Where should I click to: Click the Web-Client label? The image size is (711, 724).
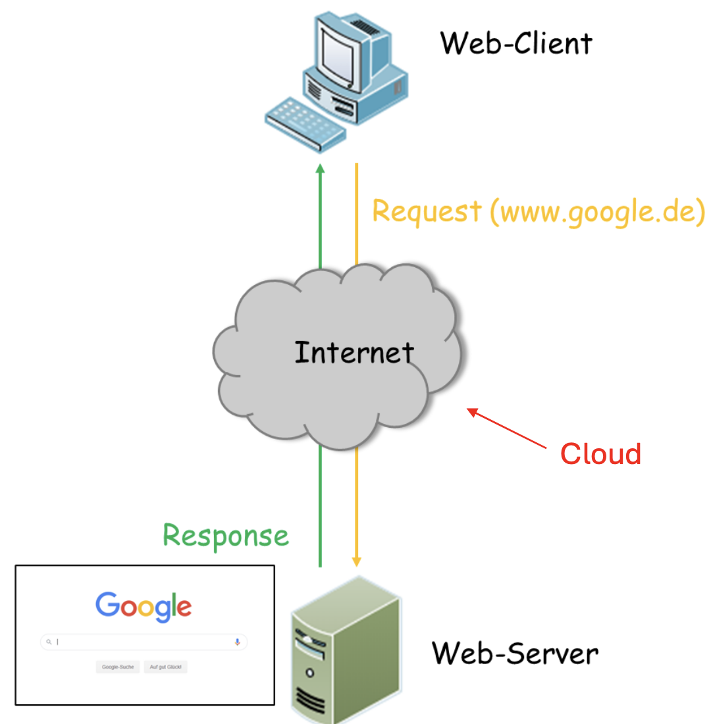516,43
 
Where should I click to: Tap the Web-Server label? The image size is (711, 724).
515,654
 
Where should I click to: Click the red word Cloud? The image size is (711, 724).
600,454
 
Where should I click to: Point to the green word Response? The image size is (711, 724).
226,536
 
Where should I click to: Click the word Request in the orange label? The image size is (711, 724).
427,212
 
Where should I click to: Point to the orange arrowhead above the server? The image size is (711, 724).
356,561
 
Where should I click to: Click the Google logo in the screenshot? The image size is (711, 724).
144,607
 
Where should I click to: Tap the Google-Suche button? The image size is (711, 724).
118,667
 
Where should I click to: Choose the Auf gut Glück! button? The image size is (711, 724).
166,667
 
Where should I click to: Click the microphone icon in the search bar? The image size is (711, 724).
237,642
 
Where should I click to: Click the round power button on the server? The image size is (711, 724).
309,673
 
